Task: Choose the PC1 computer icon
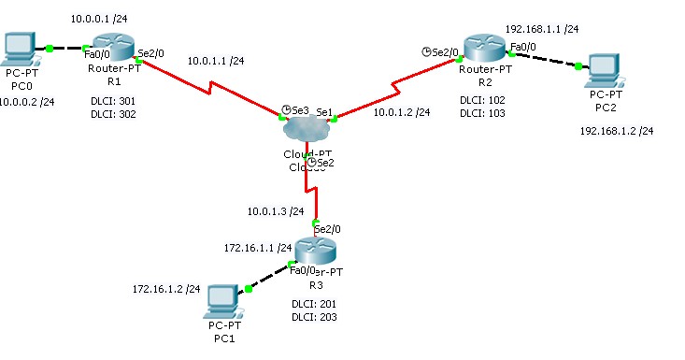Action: tap(223, 300)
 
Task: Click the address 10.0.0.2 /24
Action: tap(27, 102)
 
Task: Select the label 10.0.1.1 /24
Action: tap(216, 61)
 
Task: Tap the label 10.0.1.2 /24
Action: tap(402, 112)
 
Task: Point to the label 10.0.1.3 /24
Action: tap(276, 211)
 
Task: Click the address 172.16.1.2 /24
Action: tap(166, 289)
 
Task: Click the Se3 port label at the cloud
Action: tap(299, 110)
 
